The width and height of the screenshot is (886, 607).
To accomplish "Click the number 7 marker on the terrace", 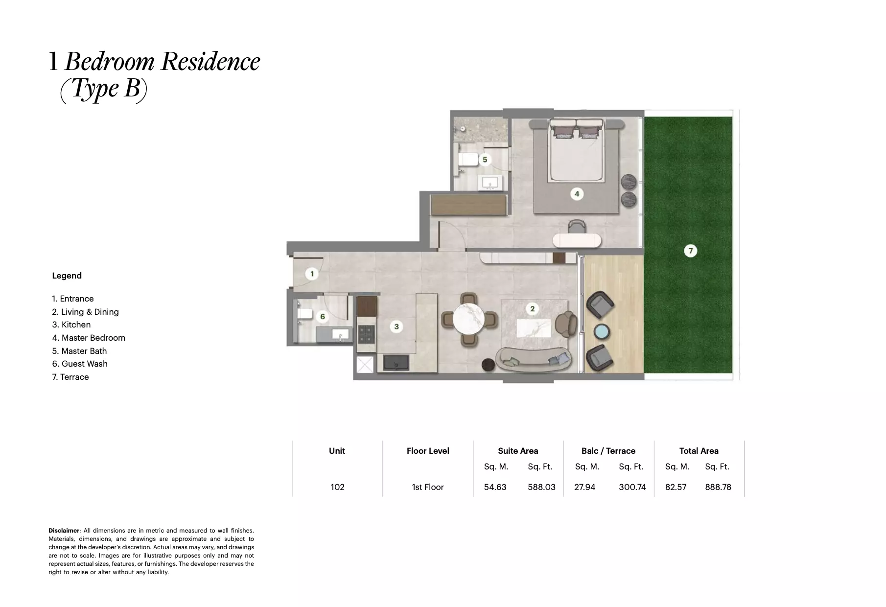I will [x=690, y=251].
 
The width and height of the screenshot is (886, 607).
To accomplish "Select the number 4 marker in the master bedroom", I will [x=577, y=194].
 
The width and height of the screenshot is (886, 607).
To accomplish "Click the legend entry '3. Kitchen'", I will [x=71, y=325].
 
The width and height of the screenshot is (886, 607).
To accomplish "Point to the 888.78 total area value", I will [x=718, y=487].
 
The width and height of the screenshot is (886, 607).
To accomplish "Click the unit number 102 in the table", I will [x=337, y=487].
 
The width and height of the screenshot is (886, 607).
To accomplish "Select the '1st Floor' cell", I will [x=427, y=487].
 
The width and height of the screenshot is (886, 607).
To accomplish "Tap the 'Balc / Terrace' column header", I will [x=608, y=451].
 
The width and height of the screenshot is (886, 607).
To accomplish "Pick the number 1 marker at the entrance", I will [x=312, y=274].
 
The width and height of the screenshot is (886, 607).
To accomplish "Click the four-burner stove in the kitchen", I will [x=366, y=335].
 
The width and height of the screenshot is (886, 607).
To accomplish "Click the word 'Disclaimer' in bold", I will [x=64, y=531].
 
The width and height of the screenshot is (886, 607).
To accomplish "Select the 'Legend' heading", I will [x=67, y=276].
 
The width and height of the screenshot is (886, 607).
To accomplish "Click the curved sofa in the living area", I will [x=534, y=359].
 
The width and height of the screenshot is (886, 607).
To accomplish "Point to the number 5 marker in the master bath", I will [x=485, y=159].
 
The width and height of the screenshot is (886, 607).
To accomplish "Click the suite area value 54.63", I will [x=495, y=487].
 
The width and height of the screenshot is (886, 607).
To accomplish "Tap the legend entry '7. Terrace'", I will [x=70, y=377].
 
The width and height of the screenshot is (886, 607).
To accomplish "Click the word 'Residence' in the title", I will [x=210, y=62].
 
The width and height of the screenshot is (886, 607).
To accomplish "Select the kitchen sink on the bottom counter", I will [x=396, y=363].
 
